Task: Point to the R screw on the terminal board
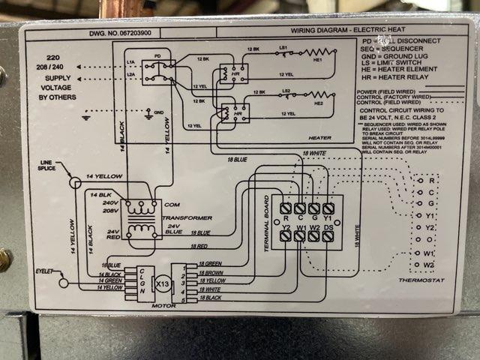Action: (285, 207)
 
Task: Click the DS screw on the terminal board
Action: (328, 235)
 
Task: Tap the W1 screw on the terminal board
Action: (299, 235)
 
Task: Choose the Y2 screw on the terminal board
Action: (285, 235)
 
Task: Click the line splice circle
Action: (74, 182)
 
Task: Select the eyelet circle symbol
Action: (64, 283)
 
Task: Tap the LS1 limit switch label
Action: (284, 49)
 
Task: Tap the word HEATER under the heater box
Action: (319, 138)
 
